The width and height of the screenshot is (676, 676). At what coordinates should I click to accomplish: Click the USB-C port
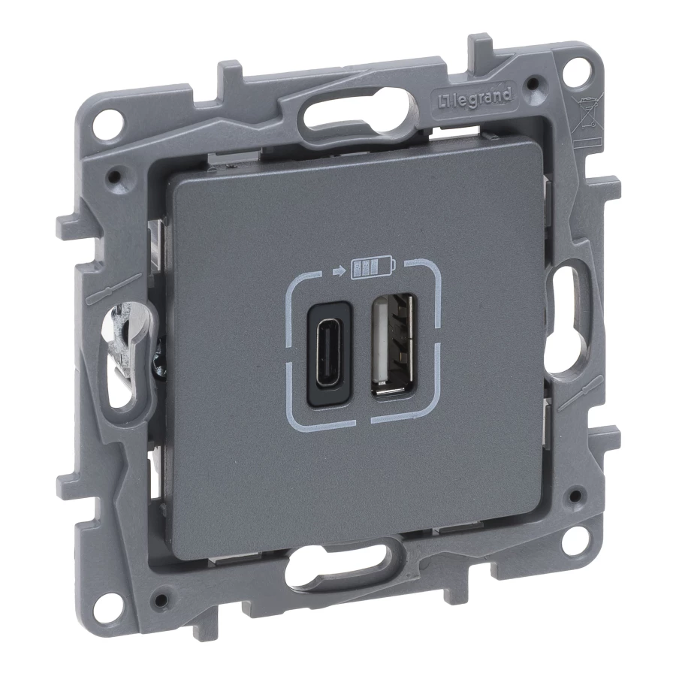(x=330, y=354)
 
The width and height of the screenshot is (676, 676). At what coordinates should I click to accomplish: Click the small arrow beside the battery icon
(x=340, y=271)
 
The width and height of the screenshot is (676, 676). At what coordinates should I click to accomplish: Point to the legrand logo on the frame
(x=475, y=98)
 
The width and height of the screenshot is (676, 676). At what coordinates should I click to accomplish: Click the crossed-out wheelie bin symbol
(x=585, y=112)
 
